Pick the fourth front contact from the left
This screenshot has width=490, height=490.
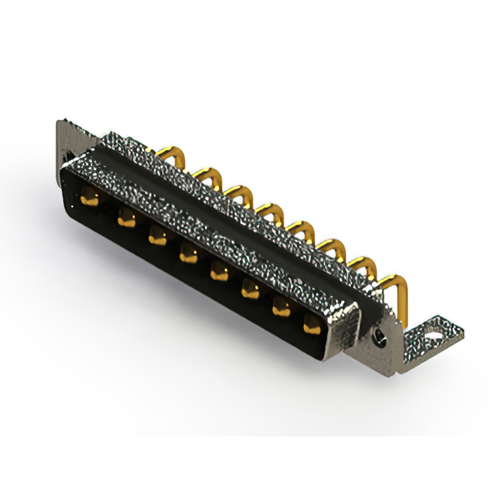click(x=188, y=253)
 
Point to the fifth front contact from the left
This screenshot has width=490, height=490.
click(x=218, y=269)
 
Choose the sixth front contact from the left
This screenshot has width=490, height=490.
click(x=250, y=288)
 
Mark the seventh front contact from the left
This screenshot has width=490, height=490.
click(x=280, y=306)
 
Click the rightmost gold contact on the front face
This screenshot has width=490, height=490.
click(x=311, y=326)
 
